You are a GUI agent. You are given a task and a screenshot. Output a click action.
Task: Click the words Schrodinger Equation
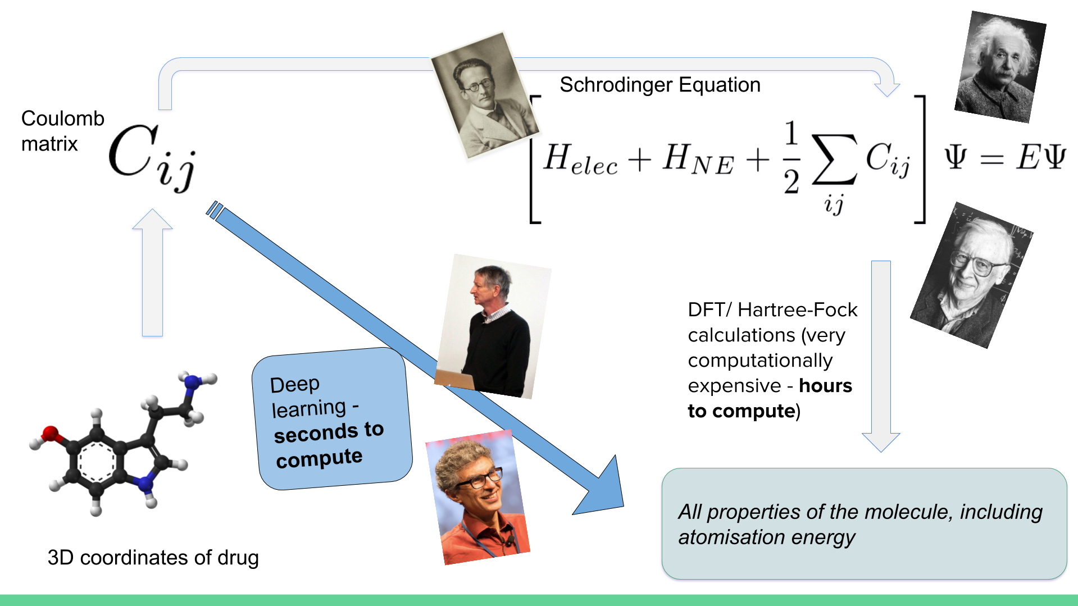tap(659, 85)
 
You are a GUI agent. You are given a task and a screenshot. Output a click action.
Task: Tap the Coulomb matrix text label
tap(62, 131)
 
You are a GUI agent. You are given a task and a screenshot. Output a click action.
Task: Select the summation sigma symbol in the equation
tap(834, 160)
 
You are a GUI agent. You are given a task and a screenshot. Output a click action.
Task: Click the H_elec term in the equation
tap(580, 159)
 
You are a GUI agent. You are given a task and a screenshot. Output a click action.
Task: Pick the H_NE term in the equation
tap(698, 159)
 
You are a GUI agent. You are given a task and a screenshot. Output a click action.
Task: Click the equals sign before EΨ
tap(991, 160)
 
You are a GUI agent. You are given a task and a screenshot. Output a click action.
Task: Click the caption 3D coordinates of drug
tap(153, 558)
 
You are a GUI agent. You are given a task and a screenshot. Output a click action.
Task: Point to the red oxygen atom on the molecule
tap(51, 433)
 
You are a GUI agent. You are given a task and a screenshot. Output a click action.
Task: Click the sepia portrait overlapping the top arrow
tap(484, 95)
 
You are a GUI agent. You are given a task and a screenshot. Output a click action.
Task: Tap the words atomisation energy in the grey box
tap(766, 537)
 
